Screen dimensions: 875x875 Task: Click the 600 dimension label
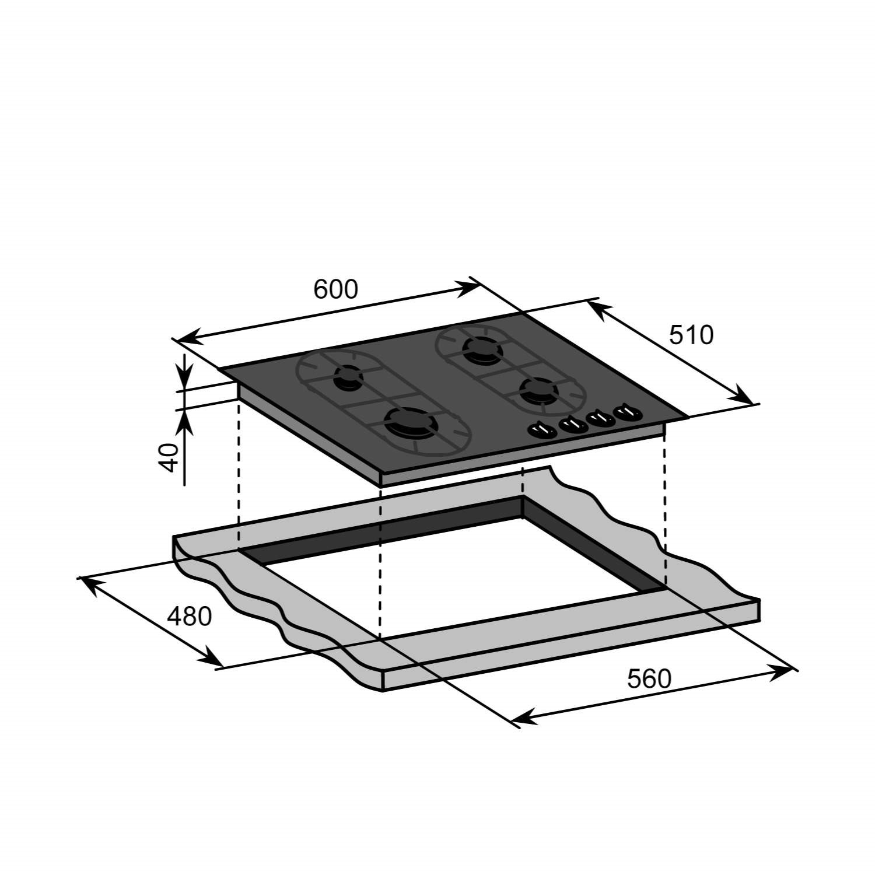(335, 289)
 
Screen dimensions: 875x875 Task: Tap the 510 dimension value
(691, 335)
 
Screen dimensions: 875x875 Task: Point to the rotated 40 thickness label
(169, 457)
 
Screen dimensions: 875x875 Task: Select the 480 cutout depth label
(189, 617)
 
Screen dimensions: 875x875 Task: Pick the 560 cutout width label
(649, 678)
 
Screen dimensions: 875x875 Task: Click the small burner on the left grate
(348, 377)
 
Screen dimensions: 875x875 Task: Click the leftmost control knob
(542, 430)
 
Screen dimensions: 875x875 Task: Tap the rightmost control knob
(627, 412)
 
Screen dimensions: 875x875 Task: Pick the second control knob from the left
(573, 425)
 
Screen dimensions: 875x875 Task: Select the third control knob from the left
(601, 419)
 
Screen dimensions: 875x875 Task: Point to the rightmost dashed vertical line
(664, 508)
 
